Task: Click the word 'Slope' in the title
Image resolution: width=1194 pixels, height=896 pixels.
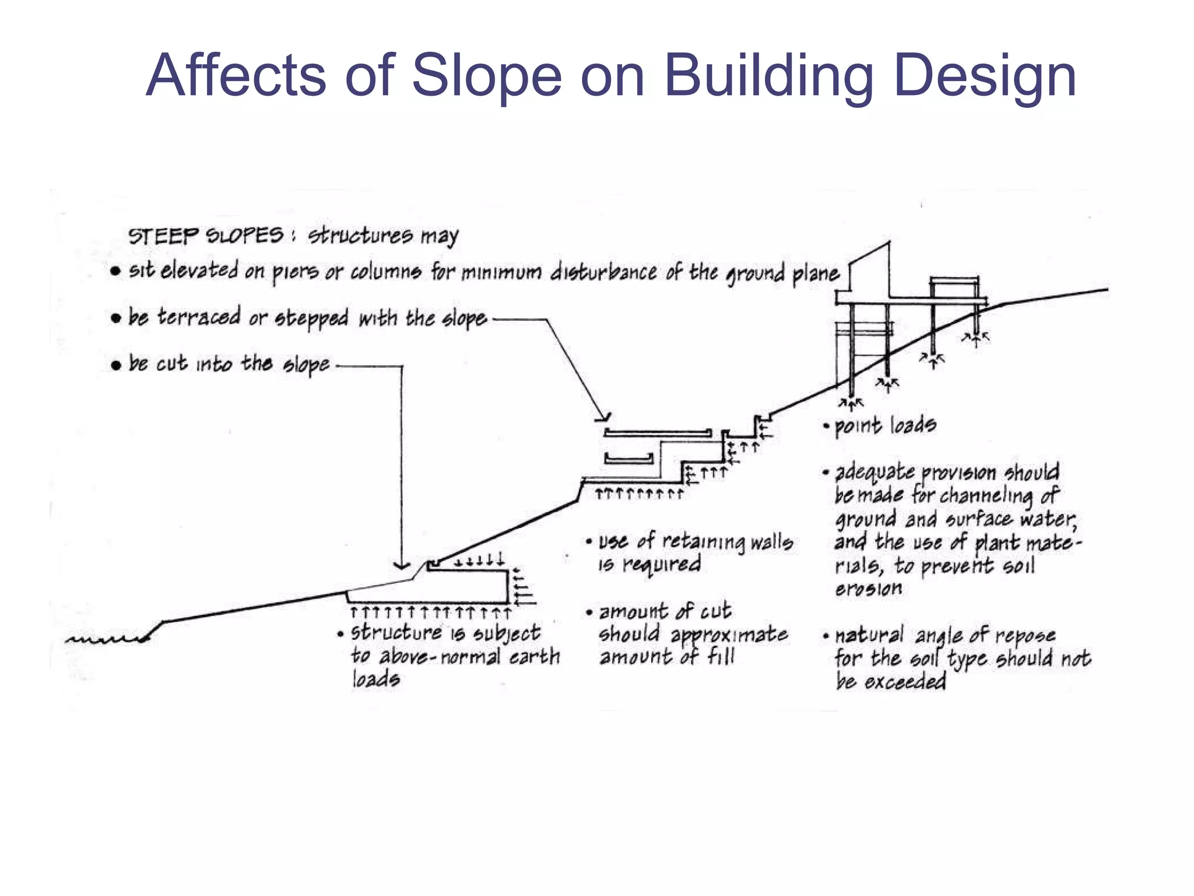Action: pyautogui.click(x=487, y=75)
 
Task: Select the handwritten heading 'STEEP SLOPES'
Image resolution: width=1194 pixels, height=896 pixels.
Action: pyautogui.click(x=205, y=236)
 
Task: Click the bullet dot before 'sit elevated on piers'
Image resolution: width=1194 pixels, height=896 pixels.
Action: pyautogui.click(x=115, y=271)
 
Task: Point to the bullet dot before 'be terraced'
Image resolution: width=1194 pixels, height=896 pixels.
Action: pyautogui.click(x=116, y=318)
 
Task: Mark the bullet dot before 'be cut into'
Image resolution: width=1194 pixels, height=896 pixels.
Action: pyautogui.click(x=116, y=365)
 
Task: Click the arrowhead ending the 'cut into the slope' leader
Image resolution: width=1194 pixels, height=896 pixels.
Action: pyautogui.click(x=402, y=565)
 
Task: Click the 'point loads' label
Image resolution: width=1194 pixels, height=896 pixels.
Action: pyautogui.click(x=885, y=425)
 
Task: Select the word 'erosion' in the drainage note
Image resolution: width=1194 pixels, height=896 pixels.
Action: pyautogui.click(x=868, y=589)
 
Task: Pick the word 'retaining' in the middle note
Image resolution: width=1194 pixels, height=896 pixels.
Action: pyautogui.click(x=703, y=541)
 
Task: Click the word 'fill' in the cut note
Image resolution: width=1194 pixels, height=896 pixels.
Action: pyautogui.click(x=721, y=657)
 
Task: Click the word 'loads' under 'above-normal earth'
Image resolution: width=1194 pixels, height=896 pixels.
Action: pyautogui.click(x=375, y=678)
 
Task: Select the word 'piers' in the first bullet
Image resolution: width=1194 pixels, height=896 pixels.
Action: pyautogui.click(x=296, y=272)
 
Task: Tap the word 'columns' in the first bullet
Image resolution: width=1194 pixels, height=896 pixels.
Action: pyautogui.click(x=385, y=272)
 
